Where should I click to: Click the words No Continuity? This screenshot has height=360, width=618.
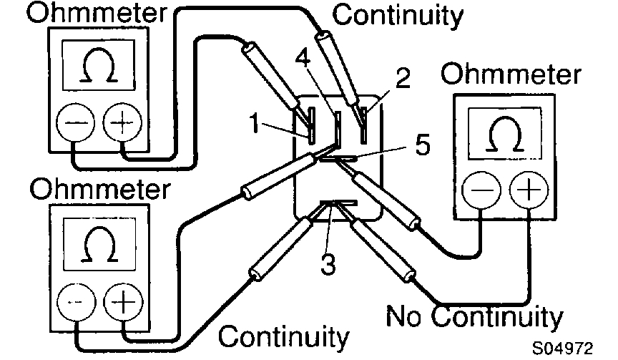[x=474, y=316]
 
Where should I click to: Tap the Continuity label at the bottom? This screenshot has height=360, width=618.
[x=284, y=336]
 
